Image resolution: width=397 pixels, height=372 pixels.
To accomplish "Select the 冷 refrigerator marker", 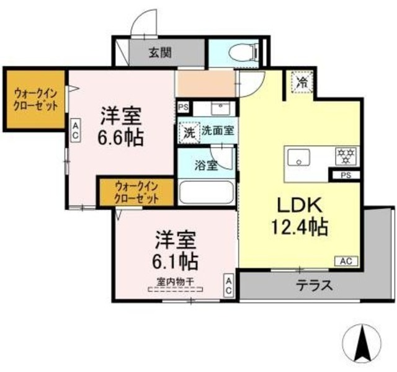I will (302, 82).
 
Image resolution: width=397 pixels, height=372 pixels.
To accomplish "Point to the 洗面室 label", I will (217, 131).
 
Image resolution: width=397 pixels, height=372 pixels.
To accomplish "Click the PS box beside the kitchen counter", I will (346, 175).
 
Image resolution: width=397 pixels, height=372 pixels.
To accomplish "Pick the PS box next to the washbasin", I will (182, 107).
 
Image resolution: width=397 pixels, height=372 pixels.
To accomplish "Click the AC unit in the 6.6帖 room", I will (74, 130).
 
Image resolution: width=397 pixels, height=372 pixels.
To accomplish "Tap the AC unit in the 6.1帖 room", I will (228, 286).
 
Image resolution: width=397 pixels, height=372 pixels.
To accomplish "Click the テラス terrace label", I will (314, 286).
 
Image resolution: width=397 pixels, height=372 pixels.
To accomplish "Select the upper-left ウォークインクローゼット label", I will (35, 99).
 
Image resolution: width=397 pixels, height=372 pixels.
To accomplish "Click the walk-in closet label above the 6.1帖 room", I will (136, 193).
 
